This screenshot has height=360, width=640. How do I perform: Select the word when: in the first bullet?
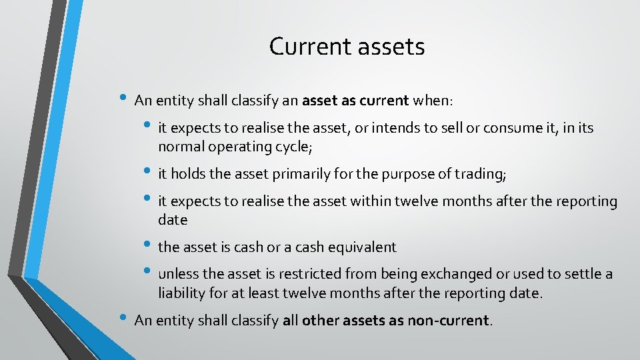click(433, 101)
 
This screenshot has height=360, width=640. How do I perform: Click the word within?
click(367, 201)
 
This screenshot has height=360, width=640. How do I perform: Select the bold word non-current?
click(448, 321)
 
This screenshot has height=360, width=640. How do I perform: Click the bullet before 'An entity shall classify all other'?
click(123, 318)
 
